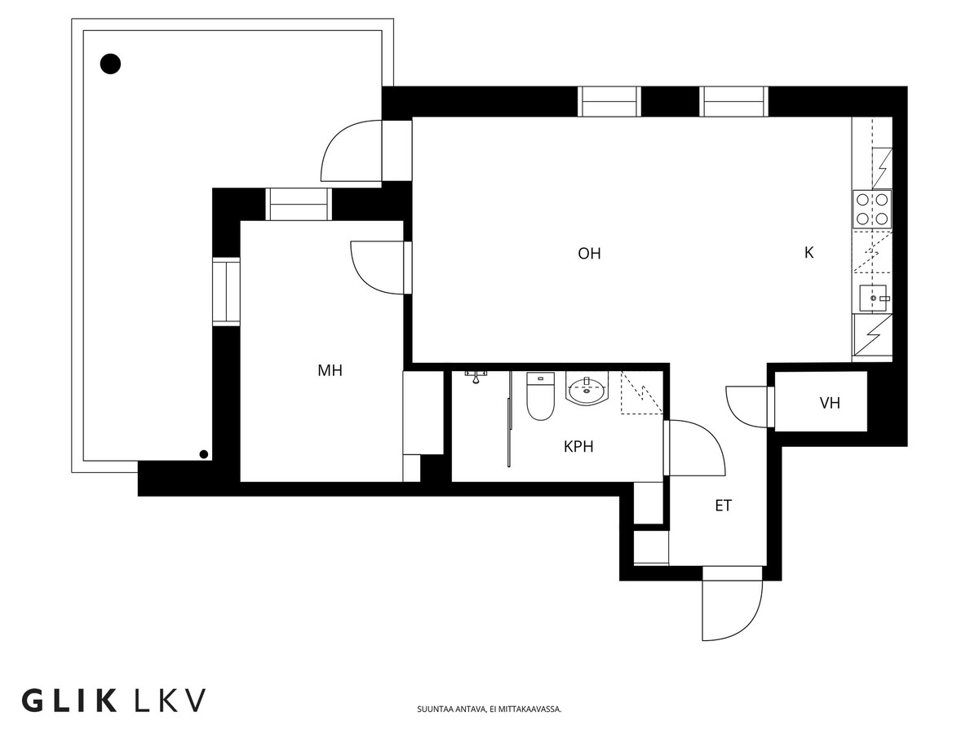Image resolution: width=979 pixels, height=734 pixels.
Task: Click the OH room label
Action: pos(589,253)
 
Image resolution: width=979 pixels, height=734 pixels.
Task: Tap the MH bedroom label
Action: pos(330,370)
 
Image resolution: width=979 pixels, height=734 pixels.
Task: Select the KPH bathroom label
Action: pos(578,446)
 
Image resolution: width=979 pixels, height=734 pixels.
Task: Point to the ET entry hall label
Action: pos(723,506)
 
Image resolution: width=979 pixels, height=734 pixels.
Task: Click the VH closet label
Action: pos(830,403)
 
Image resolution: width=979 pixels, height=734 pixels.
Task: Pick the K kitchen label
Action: pos(808,253)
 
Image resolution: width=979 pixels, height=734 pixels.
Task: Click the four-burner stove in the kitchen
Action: pos(872,209)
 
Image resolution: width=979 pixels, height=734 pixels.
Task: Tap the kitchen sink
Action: pos(872,298)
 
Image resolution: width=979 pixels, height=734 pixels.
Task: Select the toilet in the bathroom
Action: pos(540,396)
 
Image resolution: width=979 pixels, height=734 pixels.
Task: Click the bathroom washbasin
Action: pos(587,389)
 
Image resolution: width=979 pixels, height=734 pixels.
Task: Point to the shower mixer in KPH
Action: pos(476,376)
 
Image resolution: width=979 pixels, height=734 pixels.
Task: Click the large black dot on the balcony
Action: pos(110,64)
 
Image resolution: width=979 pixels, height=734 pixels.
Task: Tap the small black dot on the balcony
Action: pos(203,454)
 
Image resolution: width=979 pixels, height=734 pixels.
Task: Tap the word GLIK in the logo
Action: pos(69,700)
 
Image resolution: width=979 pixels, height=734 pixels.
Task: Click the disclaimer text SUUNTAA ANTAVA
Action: pos(450,709)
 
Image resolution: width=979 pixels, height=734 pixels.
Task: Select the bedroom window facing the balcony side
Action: pos(226,291)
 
